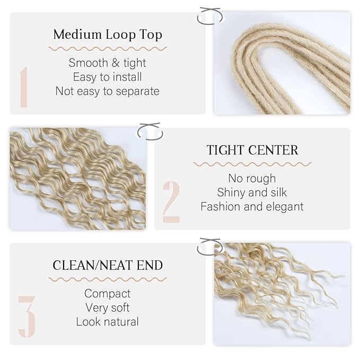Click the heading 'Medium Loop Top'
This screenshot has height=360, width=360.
click(x=108, y=35)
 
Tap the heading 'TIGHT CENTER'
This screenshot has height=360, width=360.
click(x=252, y=150)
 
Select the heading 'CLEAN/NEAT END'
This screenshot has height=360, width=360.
click(x=108, y=265)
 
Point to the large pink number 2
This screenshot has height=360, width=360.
click(x=171, y=202)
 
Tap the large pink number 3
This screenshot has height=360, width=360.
click(x=27, y=317)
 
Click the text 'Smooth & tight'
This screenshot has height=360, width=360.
click(x=108, y=63)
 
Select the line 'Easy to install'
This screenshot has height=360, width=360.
click(x=108, y=77)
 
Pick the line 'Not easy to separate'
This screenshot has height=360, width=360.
click(x=108, y=91)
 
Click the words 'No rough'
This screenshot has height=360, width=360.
click(x=252, y=178)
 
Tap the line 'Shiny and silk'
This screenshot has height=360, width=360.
click(x=252, y=192)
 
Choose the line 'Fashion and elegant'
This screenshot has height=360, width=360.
click(x=252, y=206)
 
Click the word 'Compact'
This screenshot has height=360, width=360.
click(x=108, y=293)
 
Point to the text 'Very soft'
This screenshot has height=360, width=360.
click(x=108, y=308)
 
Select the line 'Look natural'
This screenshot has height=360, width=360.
click(x=108, y=321)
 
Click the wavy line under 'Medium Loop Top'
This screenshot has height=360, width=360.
click(x=108, y=48)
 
